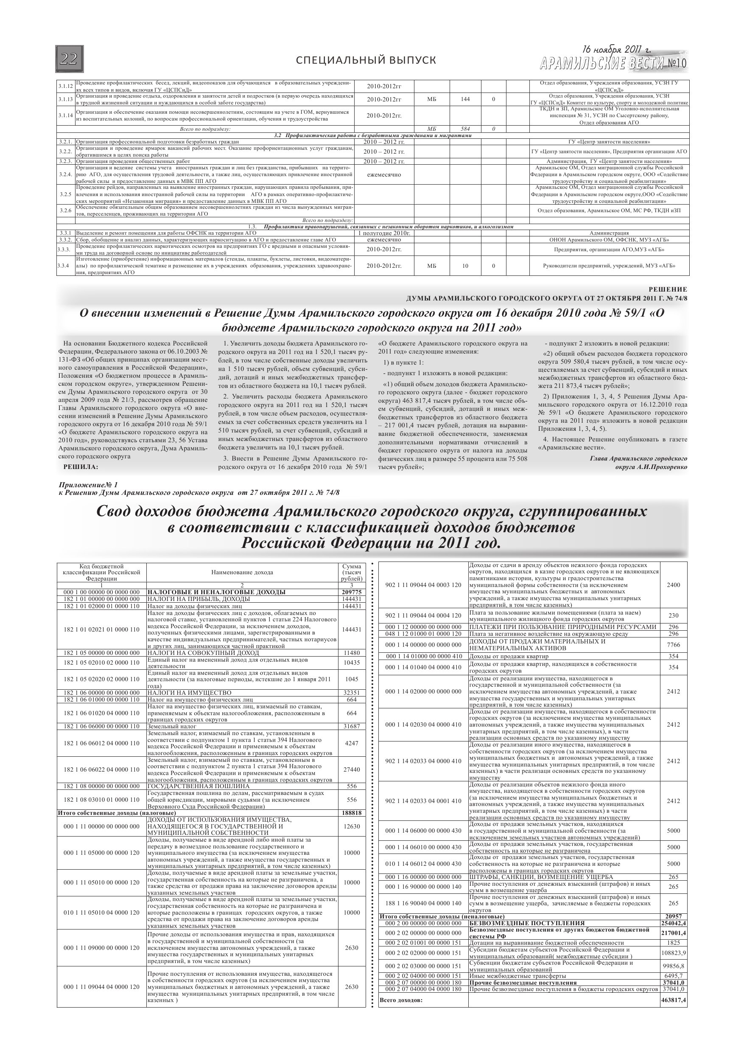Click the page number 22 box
click(69, 59)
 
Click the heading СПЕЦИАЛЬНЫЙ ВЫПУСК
click(366, 61)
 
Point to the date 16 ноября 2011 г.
click(617, 50)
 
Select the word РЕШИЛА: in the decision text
click(81, 467)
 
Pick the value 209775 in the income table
click(352, 592)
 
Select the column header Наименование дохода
click(242, 573)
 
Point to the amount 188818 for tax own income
click(352, 813)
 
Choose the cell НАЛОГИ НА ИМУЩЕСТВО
click(189, 693)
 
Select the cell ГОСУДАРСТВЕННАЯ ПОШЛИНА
click(199, 786)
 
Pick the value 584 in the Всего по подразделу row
click(465, 129)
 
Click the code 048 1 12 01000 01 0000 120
click(423, 634)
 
